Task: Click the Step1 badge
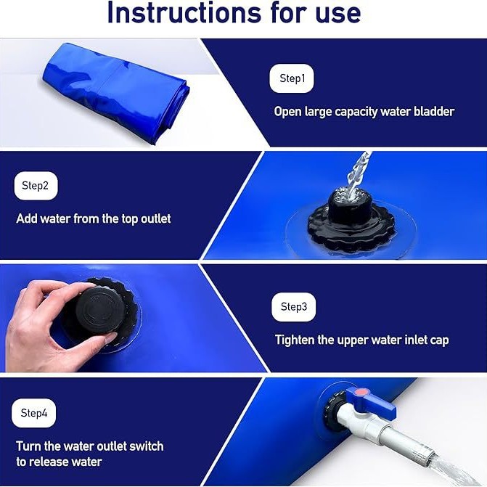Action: click(x=292, y=78)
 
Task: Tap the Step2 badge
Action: click(x=36, y=186)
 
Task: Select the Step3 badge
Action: click(x=293, y=307)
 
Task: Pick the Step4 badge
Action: click(x=34, y=414)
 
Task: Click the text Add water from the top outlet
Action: click(x=94, y=218)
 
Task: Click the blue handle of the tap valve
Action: click(x=373, y=401)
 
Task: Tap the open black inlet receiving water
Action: click(x=351, y=218)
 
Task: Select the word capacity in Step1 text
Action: click(x=351, y=112)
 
